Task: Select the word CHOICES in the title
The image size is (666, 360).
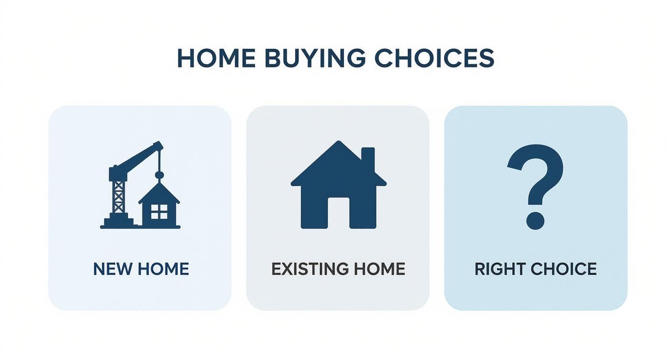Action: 434,58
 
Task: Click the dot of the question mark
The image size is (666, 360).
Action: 535,220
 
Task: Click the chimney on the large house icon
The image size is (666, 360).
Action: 367,158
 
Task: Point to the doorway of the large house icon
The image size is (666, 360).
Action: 338,213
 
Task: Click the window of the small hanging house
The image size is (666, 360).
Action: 159,211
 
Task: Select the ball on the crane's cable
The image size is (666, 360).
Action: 159,175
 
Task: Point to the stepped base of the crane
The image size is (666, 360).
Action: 118,222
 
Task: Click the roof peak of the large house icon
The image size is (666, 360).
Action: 338,143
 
